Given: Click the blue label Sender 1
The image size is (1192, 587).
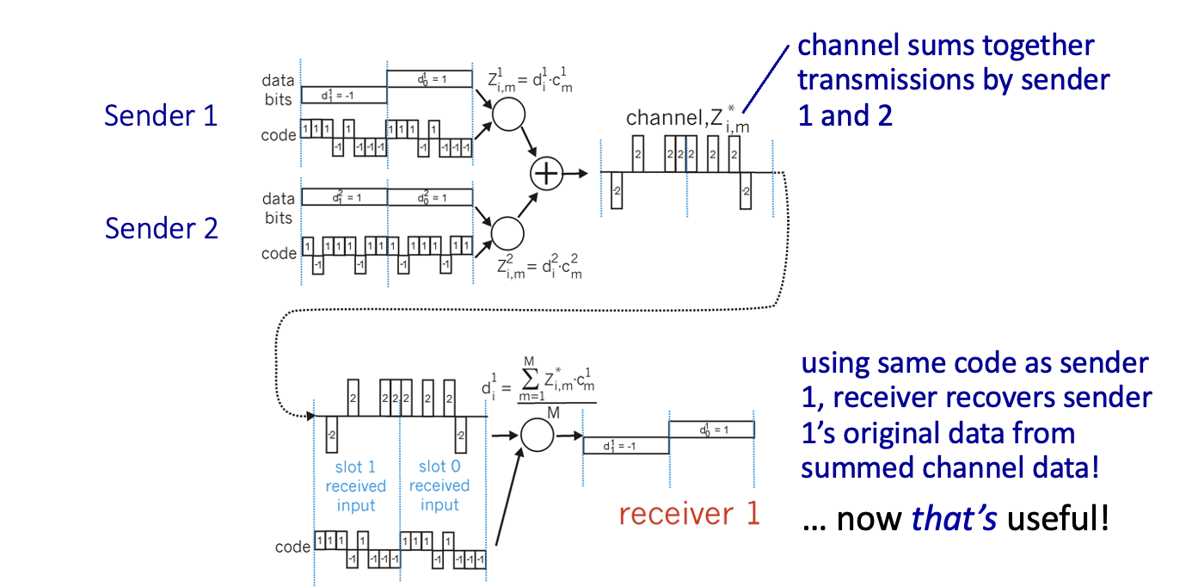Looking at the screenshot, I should pos(161,115).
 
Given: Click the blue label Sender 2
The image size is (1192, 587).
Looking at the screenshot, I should pos(161,228).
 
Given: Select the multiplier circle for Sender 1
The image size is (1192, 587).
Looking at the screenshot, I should pos(508,114).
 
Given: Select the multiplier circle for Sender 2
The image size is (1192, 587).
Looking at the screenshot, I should pos(507,231).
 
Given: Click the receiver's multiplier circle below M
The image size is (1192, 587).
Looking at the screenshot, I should pos(538,434).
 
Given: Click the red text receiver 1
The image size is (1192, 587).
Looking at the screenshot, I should pos(690,514).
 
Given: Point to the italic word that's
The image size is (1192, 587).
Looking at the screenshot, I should pos(955,519).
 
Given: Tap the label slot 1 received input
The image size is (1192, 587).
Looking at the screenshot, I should pos(356,485).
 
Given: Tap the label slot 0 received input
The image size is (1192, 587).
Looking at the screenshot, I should pos(439,485).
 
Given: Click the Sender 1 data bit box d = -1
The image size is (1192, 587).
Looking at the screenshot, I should pos(343,95).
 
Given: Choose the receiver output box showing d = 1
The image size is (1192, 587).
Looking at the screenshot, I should pos(711,429).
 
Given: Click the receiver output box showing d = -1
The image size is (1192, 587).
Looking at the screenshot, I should pos(626,446).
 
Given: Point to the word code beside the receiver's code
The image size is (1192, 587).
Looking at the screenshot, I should pos(292,547).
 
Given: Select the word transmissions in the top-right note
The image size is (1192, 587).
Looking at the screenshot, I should pos(878,80).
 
